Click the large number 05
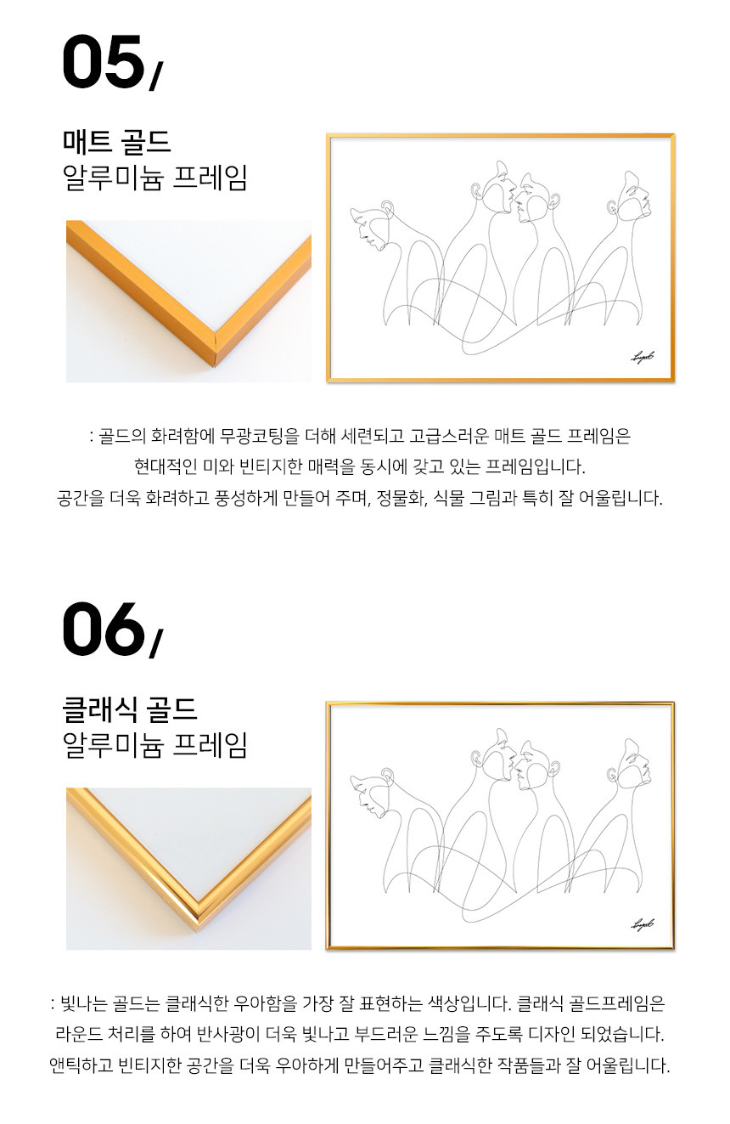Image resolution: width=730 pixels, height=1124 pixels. click(x=104, y=61)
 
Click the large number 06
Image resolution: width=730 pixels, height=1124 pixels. click(x=104, y=629)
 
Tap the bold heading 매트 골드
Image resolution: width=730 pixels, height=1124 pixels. click(x=117, y=142)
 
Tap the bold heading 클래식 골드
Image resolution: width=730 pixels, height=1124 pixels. click(x=130, y=709)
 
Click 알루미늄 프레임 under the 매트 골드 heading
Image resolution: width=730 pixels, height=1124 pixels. click(x=155, y=178)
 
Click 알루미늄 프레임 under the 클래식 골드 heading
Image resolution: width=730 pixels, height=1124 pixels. click(x=155, y=745)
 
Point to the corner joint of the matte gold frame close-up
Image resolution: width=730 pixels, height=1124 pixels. click(x=216, y=347)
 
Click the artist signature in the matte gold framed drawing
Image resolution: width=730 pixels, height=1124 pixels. click(x=642, y=358)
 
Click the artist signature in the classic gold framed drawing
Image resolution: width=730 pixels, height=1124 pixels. click(x=642, y=924)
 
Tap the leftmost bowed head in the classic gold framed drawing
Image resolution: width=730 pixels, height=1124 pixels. click(x=371, y=794)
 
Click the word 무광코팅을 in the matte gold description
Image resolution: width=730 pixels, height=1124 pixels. click(x=260, y=436)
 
